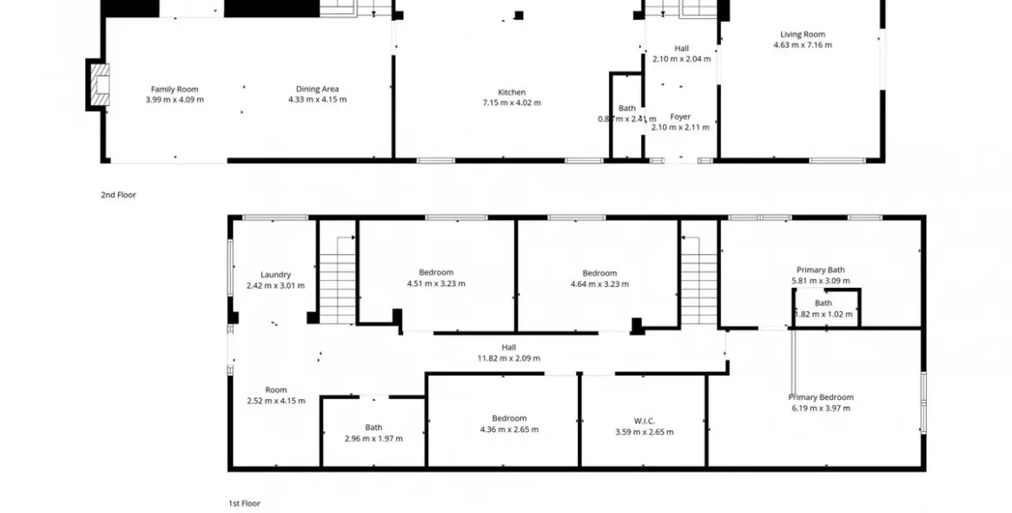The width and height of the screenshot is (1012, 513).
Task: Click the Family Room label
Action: point(175,89)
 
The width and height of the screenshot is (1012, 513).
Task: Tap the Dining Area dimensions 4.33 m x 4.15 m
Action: point(317,99)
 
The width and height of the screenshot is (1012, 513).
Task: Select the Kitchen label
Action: point(512,92)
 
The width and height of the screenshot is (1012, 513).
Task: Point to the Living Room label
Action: point(802,35)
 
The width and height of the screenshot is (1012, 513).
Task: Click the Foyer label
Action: point(680,117)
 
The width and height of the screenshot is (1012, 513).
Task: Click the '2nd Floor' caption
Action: point(118,195)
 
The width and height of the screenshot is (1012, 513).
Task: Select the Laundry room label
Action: point(275,275)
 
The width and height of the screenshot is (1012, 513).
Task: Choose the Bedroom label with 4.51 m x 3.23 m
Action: point(436,272)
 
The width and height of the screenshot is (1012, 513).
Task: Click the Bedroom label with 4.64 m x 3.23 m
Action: point(599,273)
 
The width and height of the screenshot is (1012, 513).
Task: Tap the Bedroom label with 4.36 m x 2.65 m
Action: point(509,418)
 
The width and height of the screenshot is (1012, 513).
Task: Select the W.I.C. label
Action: point(644,421)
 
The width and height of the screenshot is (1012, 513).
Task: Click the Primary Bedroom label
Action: point(821,397)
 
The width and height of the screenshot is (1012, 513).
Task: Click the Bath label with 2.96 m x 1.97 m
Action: point(374,427)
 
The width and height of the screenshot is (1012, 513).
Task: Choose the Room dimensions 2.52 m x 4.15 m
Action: point(275,401)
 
